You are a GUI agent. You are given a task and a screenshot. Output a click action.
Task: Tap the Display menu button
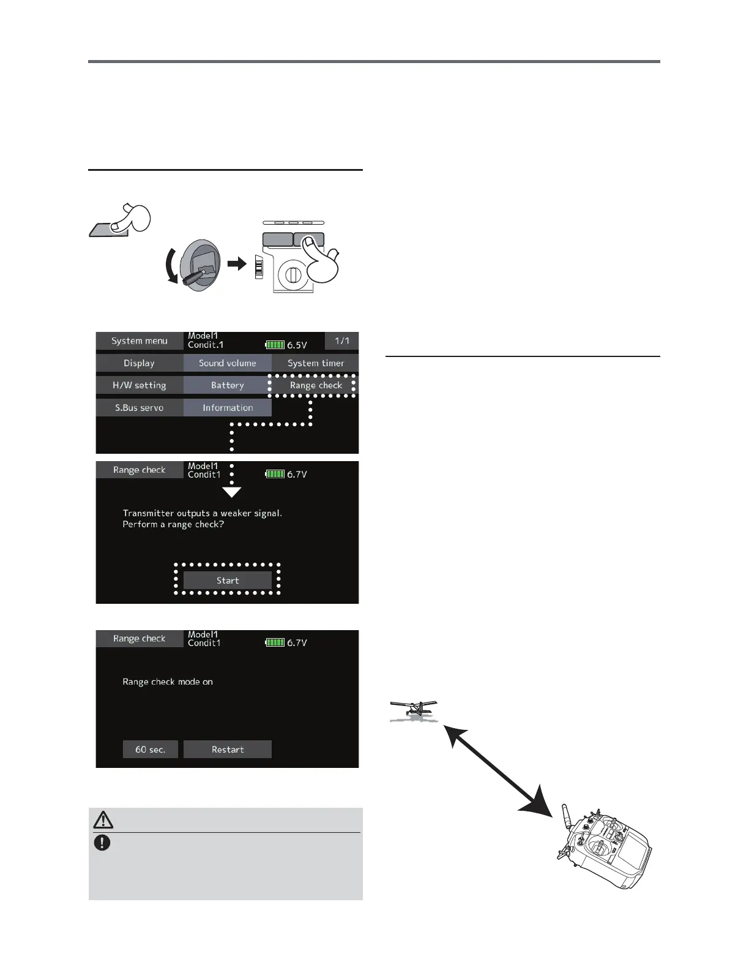click(139, 363)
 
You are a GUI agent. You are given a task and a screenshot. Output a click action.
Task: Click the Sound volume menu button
click(227, 363)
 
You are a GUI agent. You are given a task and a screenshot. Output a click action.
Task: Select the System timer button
click(316, 363)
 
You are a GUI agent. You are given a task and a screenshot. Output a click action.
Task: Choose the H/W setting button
click(139, 385)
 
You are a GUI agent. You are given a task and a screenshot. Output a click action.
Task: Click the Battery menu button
click(227, 385)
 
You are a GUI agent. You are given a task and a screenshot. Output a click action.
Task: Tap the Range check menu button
click(316, 385)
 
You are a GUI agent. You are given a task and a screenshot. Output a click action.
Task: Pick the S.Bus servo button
click(139, 408)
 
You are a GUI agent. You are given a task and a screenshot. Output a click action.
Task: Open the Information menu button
click(227, 408)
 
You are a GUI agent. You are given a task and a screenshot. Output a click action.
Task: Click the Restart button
click(227, 750)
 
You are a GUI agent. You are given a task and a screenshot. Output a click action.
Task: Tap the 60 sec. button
click(150, 750)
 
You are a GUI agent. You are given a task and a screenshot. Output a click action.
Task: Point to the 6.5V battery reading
click(297, 345)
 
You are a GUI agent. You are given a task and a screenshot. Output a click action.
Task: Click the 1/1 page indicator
click(341, 341)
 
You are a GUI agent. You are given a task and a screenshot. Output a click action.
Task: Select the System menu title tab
click(139, 341)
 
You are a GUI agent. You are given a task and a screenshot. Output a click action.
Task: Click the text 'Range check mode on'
click(168, 682)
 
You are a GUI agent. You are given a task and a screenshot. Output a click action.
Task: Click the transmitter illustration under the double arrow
click(606, 848)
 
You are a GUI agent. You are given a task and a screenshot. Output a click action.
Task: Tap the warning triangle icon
click(103, 819)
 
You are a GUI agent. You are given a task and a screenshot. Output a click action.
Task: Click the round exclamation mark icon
click(102, 843)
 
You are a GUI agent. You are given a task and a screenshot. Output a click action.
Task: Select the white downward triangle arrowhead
click(231, 492)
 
